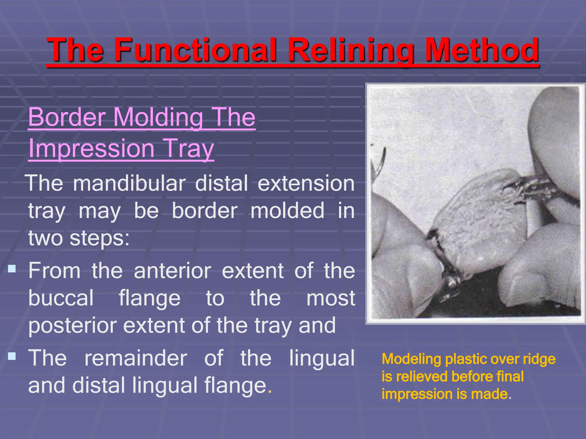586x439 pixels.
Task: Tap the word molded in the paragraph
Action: pyautogui.click(x=287, y=211)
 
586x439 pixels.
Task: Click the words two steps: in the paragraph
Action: pyautogui.click(x=79, y=238)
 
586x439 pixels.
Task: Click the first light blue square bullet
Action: pyautogui.click(x=12, y=269)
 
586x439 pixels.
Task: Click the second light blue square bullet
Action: pyautogui.click(x=12, y=356)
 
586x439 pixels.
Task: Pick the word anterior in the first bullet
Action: pyautogui.click(x=173, y=271)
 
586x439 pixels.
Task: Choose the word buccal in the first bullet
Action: pyautogui.click(x=61, y=298)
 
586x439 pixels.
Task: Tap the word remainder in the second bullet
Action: pyautogui.click(x=136, y=358)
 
